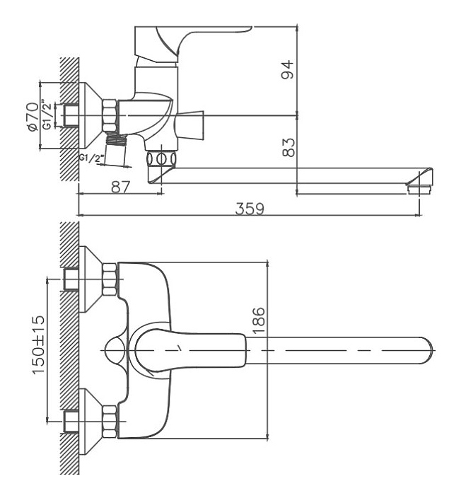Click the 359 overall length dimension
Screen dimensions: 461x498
[250, 209]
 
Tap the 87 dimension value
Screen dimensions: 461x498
[121, 187]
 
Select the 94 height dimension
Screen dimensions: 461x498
[288, 69]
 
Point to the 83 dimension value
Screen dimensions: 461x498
[288, 147]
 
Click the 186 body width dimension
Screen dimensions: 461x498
[259, 320]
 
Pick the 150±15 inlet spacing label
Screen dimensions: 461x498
[39, 344]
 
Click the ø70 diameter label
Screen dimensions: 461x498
[33, 116]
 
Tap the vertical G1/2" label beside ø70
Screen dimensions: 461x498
[47, 115]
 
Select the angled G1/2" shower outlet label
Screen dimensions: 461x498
[92, 158]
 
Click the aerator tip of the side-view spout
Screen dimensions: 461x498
[420, 190]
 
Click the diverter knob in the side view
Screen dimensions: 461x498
[189, 124]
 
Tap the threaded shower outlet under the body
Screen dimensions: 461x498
[116, 140]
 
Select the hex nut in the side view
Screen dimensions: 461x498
[110, 115]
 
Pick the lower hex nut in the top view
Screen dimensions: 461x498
[110, 422]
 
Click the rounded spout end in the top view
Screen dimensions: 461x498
[426, 350]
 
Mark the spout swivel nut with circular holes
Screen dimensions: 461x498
[161, 158]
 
